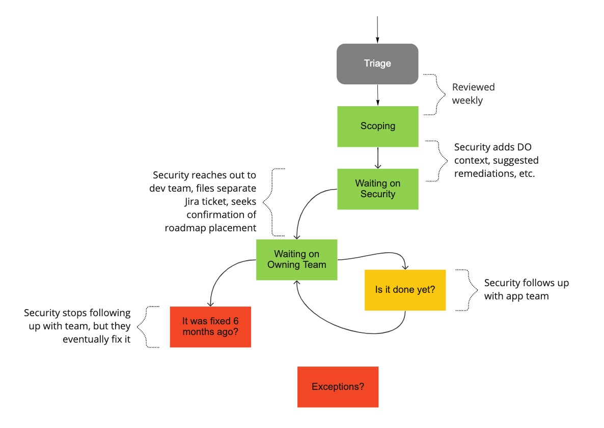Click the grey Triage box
(x=377, y=64)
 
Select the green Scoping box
(x=377, y=126)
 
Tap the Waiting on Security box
(x=377, y=189)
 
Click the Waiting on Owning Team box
(x=296, y=259)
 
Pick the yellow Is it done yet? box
(x=405, y=290)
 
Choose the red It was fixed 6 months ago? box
(x=210, y=327)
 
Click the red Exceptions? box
(x=338, y=387)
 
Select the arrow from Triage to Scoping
(x=377, y=95)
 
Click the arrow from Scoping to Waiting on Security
(x=377, y=158)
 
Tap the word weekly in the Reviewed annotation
(x=467, y=101)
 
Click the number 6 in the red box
(x=236, y=321)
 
